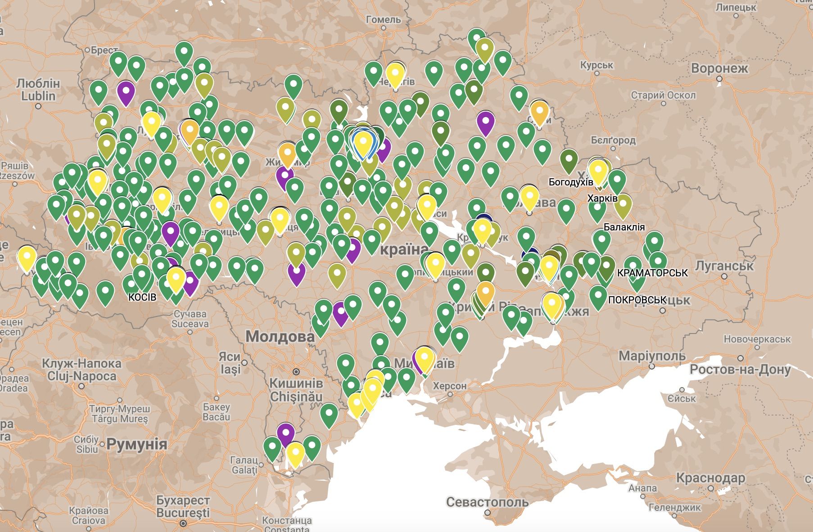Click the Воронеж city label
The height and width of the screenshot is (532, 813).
[x=719, y=68]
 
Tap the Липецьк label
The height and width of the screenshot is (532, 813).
[x=736, y=7]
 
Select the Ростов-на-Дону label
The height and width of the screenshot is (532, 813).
[x=740, y=370]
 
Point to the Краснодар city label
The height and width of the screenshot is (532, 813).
[x=710, y=478]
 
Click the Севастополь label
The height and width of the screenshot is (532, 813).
[x=487, y=502]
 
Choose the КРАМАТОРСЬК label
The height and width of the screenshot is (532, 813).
[x=652, y=273]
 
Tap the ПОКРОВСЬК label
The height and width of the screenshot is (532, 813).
[x=637, y=300]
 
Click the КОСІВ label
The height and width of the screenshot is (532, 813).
[x=142, y=297]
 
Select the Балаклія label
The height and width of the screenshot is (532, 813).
[x=624, y=227]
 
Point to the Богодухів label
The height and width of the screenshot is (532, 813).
[x=570, y=182]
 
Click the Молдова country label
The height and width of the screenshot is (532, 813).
[x=280, y=336]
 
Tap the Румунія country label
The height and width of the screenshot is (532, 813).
[x=137, y=444]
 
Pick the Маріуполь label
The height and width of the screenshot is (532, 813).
[x=652, y=356]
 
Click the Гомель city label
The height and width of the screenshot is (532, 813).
[x=383, y=19]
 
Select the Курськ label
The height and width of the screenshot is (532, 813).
[x=596, y=65]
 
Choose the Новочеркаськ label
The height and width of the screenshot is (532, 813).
[x=757, y=339]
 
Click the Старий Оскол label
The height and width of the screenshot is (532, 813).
[x=663, y=95]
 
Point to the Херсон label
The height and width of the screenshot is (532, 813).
[x=449, y=386]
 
